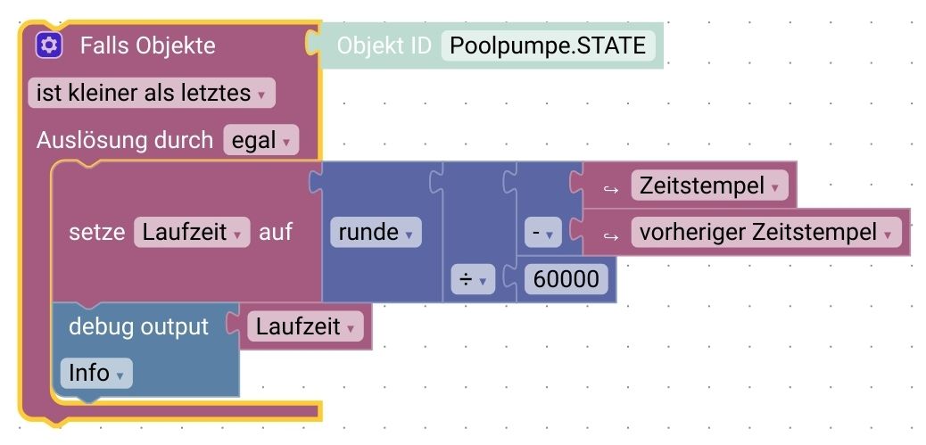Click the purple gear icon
[48, 45]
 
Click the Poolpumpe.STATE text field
[548, 45]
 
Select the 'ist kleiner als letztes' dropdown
[152, 93]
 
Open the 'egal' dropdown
[260, 140]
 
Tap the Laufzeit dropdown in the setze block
[192, 233]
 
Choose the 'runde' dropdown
[375, 233]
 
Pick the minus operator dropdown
[541, 234]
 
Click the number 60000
[566, 280]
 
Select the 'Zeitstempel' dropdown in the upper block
[709, 186]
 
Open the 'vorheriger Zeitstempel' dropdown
[766, 233]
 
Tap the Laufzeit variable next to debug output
[306, 326]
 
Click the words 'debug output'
[138, 326]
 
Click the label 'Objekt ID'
[384, 45]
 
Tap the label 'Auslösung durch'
[125, 140]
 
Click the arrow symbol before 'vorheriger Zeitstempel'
[611, 234]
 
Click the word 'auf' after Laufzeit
[276, 233]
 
